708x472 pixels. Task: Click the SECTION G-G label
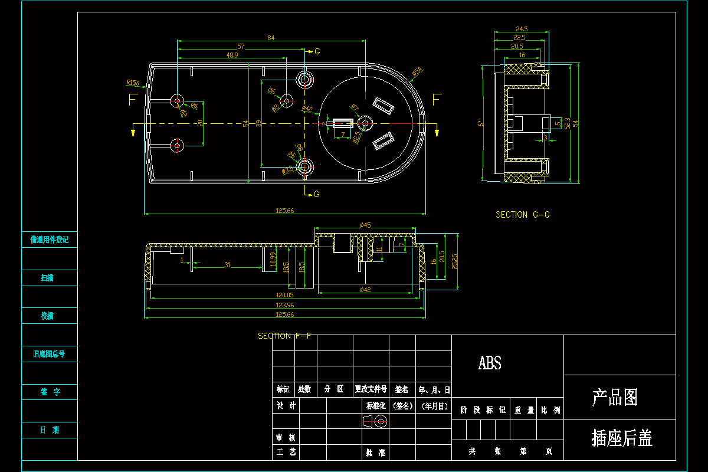[523, 215]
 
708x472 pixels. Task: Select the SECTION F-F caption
[283, 336]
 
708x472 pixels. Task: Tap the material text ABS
[490, 363]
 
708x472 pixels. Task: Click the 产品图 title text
[615, 398]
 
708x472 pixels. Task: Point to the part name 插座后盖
[622, 438]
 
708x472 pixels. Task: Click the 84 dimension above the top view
[271, 38]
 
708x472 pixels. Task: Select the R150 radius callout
[133, 83]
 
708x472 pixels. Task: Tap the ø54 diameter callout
[417, 71]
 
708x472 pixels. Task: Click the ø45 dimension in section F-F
[365, 225]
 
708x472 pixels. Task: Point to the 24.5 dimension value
[522, 28]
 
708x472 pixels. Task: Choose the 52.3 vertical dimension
[567, 123]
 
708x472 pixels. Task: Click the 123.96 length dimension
[284, 304]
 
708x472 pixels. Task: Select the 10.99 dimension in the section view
[273, 260]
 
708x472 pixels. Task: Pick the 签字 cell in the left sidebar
[50, 392]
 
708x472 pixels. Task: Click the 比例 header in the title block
[550, 410]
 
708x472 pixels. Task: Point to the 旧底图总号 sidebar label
[50, 354]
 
